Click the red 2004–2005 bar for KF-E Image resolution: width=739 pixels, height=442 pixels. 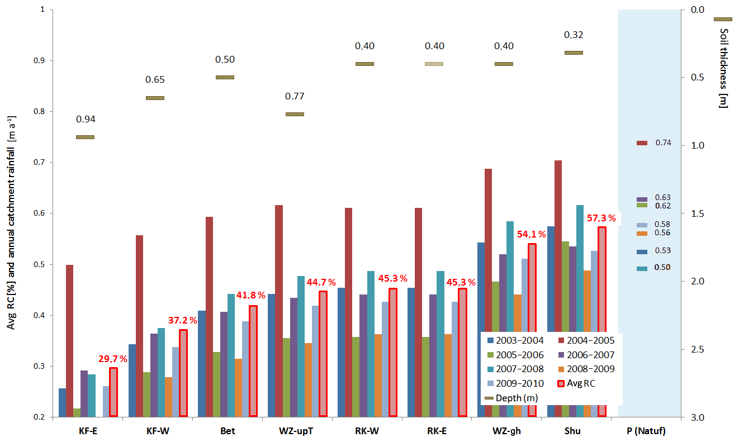(x=70, y=340)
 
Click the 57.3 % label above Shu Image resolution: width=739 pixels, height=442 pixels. (x=601, y=218)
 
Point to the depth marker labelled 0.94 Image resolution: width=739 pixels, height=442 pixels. (x=85, y=137)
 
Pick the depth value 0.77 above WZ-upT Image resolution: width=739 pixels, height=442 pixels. (x=295, y=96)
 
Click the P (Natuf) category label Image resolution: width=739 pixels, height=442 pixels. (x=647, y=431)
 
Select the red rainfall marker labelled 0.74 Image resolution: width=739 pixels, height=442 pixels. (x=641, y=143)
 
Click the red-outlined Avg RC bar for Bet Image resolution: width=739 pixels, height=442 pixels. (x=253, y=361)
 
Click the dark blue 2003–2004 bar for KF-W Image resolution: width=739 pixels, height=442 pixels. (x=132, y=380)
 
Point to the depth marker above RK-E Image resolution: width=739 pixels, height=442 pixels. (x=434, y=64)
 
